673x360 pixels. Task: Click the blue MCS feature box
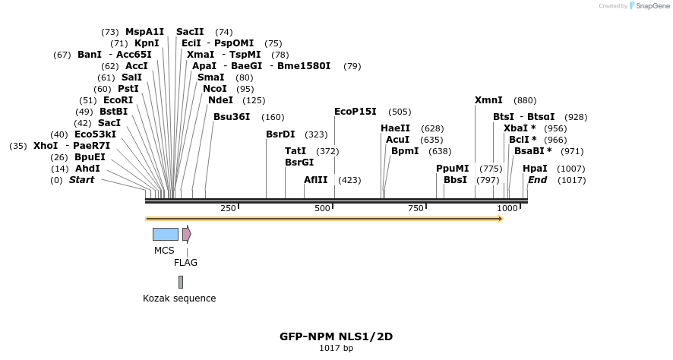click(x=165, y=234)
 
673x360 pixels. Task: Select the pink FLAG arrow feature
click(x=186, y=234)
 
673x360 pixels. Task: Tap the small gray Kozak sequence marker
click(x=181, y=282)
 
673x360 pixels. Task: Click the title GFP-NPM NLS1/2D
click(x=336, y=336)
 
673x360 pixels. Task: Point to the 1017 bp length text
click(x=336, y=349)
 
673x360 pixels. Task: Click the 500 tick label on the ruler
click(x=322, y=208)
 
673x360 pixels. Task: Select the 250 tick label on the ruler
click(x=228, y=208)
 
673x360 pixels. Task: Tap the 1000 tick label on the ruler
click(x=507, y=208)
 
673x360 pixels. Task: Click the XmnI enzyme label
click(x=488, y=100)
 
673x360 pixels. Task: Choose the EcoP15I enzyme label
click(x=355, y=112)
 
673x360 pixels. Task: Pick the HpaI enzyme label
click(x=535, y=169)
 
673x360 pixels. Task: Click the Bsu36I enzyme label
click(x=232, y=117)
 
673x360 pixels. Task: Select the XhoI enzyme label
click(x=46, y=146)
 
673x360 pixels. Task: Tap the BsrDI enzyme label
click(x=280, y=134)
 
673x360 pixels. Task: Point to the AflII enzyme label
click(x=315, y=180)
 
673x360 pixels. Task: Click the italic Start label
click(x=82, y=180)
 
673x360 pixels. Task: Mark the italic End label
click(x=537, y=180)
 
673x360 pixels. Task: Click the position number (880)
click(x=525, y=100)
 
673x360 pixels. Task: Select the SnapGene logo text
click(x=650, y=6)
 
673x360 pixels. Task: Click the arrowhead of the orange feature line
click(x=500, y=219)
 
